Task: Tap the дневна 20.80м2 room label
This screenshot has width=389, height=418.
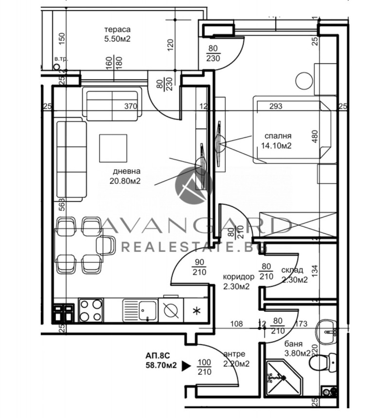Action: (x=126, y=176)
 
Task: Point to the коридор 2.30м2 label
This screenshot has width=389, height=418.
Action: (x=238, y=282)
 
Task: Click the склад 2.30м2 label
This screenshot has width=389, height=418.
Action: (x=294, y=275)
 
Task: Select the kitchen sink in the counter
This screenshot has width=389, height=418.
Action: (x=147, y=310)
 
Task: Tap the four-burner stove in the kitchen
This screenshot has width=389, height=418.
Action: (x=90, y=310)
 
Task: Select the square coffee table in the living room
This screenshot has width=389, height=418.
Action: (x=113, y=146)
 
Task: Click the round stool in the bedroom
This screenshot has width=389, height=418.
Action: (x=305, y=80)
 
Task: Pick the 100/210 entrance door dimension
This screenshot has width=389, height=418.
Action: (x=205, y=367)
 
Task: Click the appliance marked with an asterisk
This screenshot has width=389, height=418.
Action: (x=196, y=310)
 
